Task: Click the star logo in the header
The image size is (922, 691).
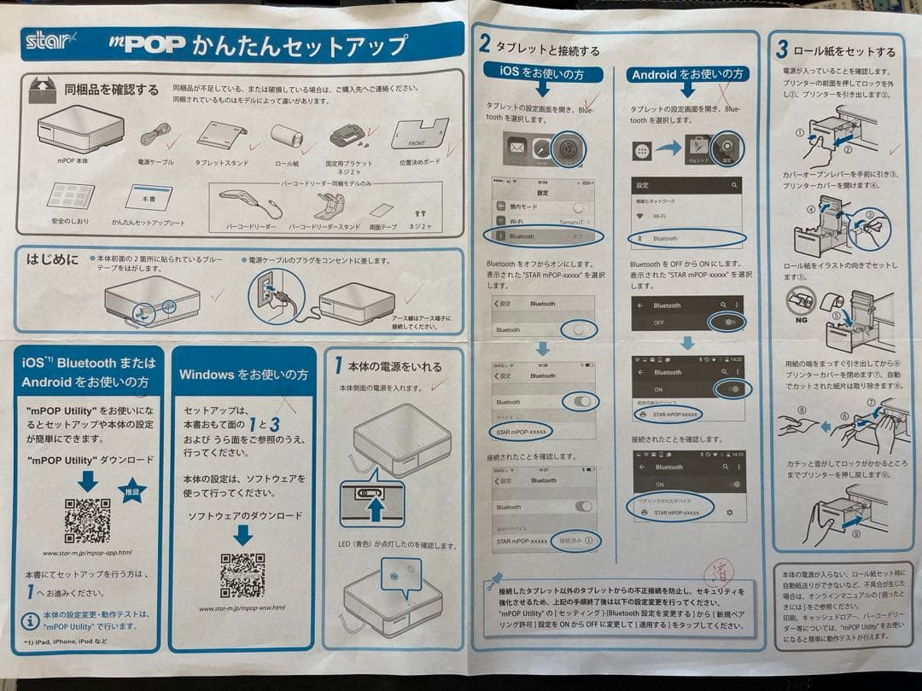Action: point(51,41)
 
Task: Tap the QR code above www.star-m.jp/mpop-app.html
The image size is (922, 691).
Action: point(88,520)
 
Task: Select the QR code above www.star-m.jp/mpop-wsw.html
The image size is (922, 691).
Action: point(242,575)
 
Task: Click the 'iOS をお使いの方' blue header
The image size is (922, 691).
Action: point(542,74)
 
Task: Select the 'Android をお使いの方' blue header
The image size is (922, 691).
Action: point(687,74)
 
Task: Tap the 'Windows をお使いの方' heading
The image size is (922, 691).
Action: point(243,375)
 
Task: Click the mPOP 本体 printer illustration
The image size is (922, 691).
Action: point(81,130)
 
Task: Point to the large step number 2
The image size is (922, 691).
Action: point(484,44)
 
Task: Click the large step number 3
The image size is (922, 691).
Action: point(781,49)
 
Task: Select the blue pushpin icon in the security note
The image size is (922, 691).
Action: point(494,583)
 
